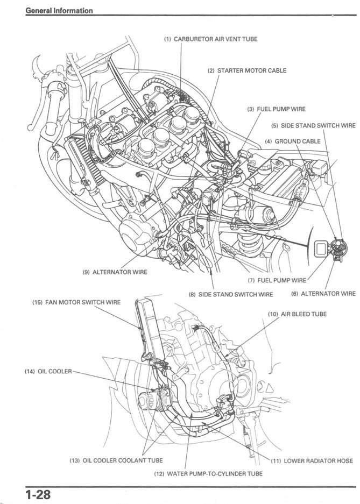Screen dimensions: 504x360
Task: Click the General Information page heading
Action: (59, 10)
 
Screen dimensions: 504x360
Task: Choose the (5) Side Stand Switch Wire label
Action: (313, 125)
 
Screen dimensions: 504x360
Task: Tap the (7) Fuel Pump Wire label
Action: (277, 280)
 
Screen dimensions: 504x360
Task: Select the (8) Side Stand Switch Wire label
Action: (230, 294)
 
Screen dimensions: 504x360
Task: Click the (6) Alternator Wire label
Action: (323, 294)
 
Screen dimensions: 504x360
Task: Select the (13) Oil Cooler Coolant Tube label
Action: (116, 460)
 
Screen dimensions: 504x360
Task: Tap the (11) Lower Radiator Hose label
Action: (310, 461)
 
